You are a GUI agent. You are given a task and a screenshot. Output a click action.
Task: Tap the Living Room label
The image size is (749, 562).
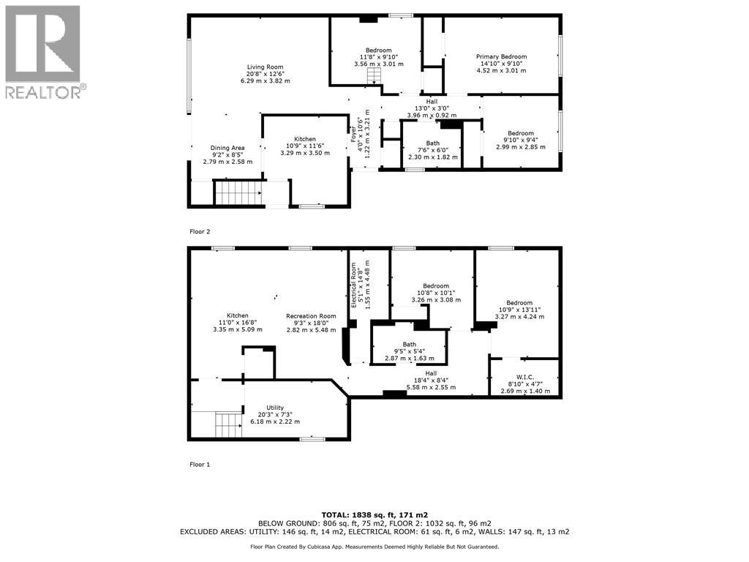click(x=265, y=67)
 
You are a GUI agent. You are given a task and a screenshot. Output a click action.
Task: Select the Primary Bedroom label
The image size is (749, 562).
click(x=502, y=56)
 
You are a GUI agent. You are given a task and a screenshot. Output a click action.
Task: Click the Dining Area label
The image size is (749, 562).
click(x=227, y=148)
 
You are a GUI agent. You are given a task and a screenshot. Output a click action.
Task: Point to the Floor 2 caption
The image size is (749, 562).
click(x=200, y=232)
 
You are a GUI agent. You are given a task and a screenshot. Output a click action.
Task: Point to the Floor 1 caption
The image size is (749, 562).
click(x=200, y=465)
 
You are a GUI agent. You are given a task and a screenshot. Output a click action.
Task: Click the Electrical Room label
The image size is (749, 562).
click(x=354, y=285)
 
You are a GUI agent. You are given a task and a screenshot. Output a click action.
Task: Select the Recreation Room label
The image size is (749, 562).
click(x=311, y=316)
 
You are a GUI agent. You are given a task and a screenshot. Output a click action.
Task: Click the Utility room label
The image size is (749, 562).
click(x=275, y=408)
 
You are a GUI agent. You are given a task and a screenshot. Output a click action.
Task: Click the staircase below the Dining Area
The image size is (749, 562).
click(x=238, y=192)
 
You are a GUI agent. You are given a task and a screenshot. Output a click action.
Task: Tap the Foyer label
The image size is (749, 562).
click(x=354, y=133)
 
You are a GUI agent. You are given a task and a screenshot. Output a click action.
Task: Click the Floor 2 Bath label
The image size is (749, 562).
click(x=433, y=143)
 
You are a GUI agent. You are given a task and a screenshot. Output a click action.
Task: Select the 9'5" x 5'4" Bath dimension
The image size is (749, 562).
click(x=410, y=351)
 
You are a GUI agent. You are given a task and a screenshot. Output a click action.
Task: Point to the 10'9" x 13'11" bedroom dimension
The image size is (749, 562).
click(x=520, y=310)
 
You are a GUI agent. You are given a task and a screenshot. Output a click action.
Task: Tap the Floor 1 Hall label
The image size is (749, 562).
click(x=431, y=374)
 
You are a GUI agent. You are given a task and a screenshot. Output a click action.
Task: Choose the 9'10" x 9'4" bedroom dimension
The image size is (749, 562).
click(x=521, y=140)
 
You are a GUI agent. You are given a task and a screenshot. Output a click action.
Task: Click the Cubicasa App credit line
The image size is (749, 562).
click(x=374, y=547)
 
